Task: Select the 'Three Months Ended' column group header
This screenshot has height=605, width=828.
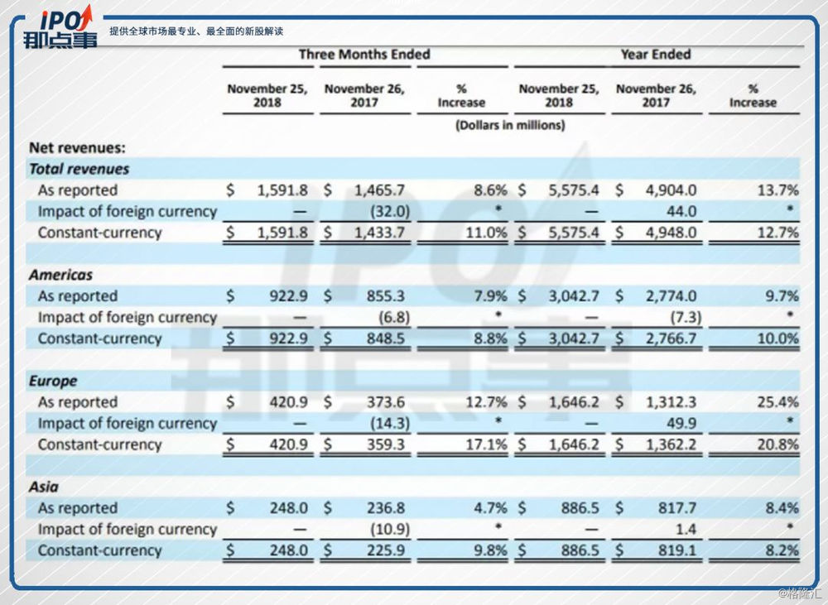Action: pyautogui.click(x=364, y=55)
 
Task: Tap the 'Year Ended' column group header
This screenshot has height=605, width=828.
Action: pyautogui.click(x=656, y=55)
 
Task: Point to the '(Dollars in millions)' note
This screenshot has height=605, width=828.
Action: pyautogui.click(x=509, y=126)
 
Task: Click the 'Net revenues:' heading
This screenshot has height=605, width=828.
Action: pyautogui.click(x=77, y=148)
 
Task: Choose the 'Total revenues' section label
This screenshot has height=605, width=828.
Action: pyautogui.click(x=79, y=169)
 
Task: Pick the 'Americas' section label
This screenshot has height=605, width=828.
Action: pyautogui.click(x=60, y=275)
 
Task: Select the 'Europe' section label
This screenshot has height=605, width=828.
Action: pyautogui.click(x=53, y=381)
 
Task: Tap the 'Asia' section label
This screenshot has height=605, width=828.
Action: pyautogui.click(x=44, y=487)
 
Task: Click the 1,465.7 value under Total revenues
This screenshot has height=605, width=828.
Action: pyautogui.click(x=378, y=190)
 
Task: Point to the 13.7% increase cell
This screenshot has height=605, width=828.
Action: pyautogui.click(x=778, y=190)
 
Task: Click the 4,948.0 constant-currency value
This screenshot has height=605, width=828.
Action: pyautogui.click(x=672, y=233)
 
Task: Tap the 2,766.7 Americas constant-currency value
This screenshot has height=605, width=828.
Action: pyautogui.click(x=672, y=339)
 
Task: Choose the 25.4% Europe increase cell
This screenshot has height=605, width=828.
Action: pyautogui.click(x=778, y=402)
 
